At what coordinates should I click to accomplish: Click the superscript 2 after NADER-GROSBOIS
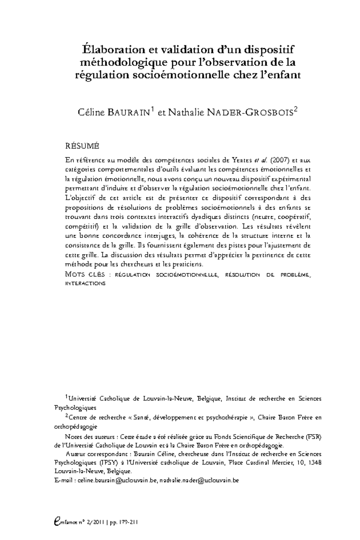[296, 110]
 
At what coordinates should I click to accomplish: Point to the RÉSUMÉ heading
[82, 146]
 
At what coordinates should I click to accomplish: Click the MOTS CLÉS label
[85, 274]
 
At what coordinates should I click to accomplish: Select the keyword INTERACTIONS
[85, 283]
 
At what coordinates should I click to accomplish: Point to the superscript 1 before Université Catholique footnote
[67, 397]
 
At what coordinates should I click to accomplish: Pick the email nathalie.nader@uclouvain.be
[199, 480]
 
